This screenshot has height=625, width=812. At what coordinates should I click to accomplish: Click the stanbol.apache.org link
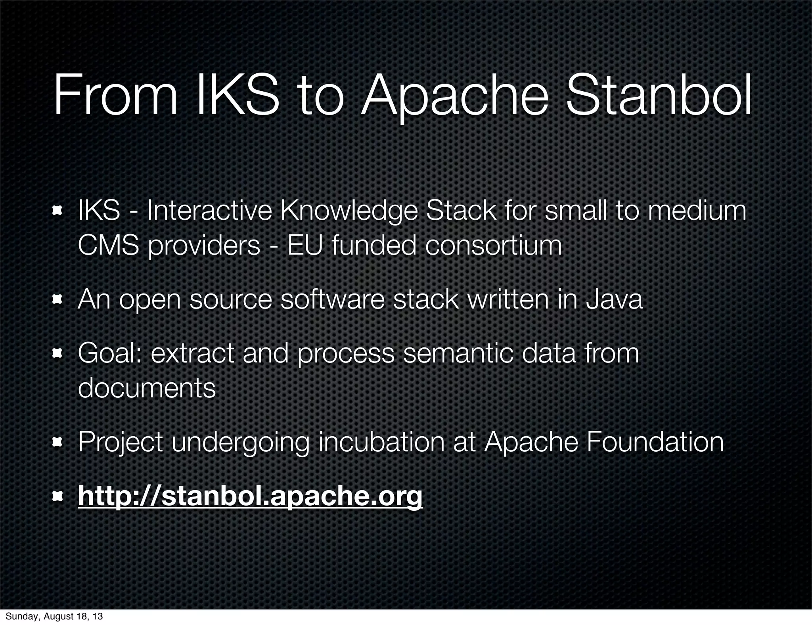(x=250, y=496)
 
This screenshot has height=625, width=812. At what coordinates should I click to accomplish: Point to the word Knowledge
(x=349, y=211)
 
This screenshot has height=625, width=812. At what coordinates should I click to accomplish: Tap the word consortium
(x=494, y=245)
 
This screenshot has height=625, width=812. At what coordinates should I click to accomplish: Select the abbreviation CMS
(x=108, y=245)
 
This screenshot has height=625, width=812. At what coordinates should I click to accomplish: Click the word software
(x=332, y=299)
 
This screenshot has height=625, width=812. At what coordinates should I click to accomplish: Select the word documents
(x=147, y=387)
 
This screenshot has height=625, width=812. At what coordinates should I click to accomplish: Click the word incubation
(x=381, y=442)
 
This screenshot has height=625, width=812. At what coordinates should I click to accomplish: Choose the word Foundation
(x=655, y=442)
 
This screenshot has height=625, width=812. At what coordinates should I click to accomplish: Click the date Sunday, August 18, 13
(x=54, y=616)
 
